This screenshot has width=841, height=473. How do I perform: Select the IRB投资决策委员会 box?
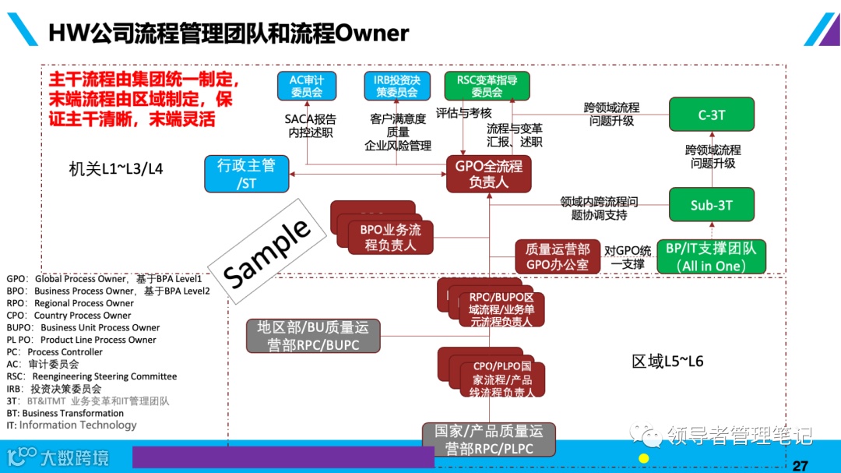396,86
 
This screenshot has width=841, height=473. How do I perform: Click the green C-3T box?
711,115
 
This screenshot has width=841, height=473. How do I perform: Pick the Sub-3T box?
711,205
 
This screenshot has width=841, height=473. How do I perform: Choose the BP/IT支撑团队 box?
711,257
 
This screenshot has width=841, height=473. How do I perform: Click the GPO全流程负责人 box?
488,173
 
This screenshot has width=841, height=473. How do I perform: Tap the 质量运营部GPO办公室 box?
558,257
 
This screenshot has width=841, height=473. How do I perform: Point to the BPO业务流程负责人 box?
390,238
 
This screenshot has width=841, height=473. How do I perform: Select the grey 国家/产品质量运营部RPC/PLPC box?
488,439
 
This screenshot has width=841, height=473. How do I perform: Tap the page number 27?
800,466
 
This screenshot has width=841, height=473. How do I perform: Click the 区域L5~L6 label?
667,362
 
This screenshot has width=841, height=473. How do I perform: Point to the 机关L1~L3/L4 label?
116,168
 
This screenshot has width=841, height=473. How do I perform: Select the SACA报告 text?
310,119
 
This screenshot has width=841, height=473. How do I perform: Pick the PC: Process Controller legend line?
55,352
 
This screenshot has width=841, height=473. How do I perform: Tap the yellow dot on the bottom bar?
643,458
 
